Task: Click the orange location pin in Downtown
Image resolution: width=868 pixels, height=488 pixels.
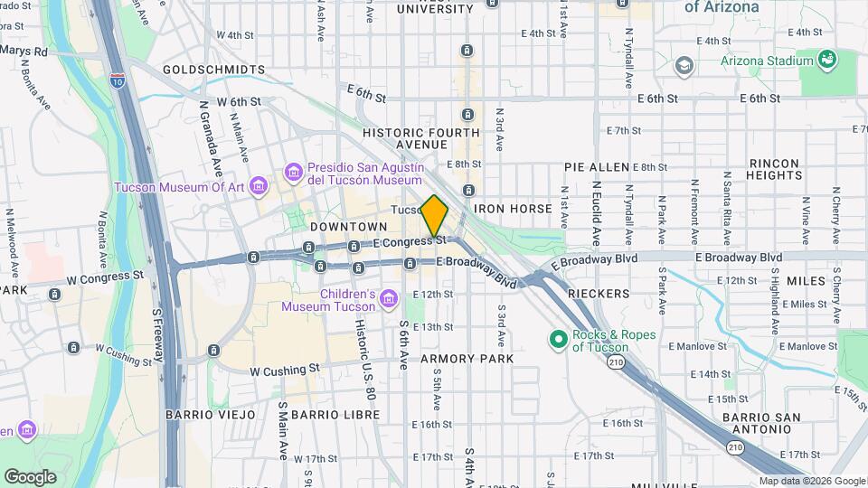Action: [435, 215]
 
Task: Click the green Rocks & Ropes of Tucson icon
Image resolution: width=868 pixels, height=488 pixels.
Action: [558, 340]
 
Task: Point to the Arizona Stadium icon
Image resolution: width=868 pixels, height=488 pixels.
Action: [826, 61]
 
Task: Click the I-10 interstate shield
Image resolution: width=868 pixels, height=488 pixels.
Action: [118, 81]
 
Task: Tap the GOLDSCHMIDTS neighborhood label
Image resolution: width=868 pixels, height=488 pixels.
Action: [214, 70]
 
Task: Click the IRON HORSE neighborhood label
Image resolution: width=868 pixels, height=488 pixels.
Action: [519, 209]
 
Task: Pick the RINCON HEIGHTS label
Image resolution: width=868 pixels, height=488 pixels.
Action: [773, 169]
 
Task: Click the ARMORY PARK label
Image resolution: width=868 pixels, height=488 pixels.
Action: [467, 359]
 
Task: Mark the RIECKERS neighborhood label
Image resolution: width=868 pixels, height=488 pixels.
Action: [598, 295]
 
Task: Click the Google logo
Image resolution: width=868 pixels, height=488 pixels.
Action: [31, 476]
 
